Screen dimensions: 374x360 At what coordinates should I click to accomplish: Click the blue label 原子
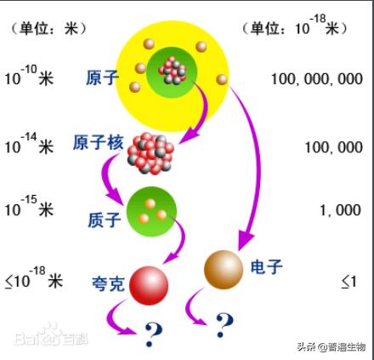[102, 77]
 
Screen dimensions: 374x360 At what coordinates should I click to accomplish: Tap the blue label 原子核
[99, 142]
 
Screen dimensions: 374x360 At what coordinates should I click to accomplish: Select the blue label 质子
[105, 220]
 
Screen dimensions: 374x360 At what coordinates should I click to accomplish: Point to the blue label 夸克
[108, 283]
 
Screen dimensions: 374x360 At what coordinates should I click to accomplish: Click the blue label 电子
[267, 266]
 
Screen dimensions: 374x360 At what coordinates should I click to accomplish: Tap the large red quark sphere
[149, 285]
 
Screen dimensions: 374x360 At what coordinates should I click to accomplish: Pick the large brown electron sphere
[224, 270]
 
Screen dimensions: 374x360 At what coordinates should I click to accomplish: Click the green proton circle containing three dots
[151, 212]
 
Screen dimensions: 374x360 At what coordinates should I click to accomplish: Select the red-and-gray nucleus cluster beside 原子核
[150, 153]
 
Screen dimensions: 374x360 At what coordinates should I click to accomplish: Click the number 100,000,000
[317, 79]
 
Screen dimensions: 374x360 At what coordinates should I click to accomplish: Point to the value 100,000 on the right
[334, 147]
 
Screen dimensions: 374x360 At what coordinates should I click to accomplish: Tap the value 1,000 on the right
[341, 210]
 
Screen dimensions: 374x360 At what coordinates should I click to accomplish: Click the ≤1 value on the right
[348, 282]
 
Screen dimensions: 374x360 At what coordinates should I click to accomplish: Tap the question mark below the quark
[153, 334]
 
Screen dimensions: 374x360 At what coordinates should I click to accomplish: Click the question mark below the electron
[224, 325]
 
